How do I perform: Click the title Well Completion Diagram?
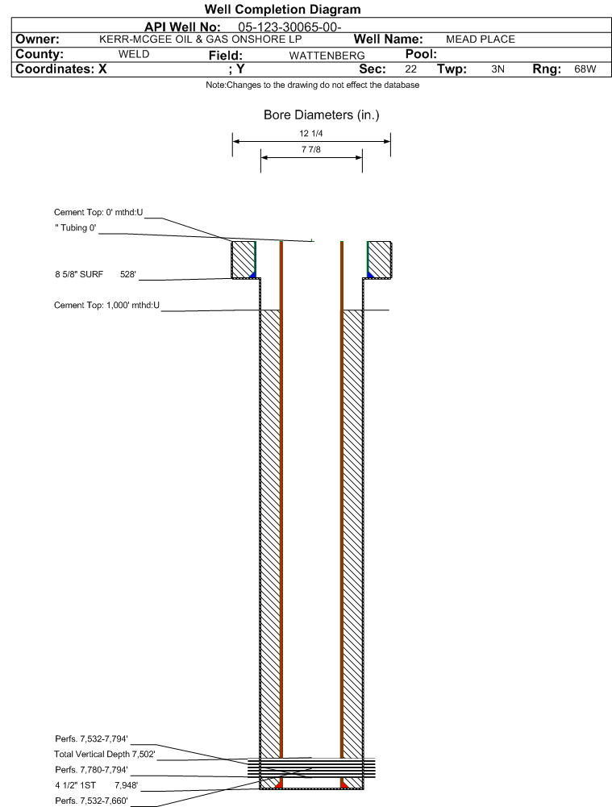click(282, 10)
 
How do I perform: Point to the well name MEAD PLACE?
click(480, 39)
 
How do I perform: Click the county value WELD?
click(134, 55)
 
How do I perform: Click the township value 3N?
click(498, 70)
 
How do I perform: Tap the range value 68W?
click(585, 70)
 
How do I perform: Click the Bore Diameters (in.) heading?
click(321, 115)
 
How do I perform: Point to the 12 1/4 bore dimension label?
click(311, 134)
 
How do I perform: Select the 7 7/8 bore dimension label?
click(311, 150)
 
